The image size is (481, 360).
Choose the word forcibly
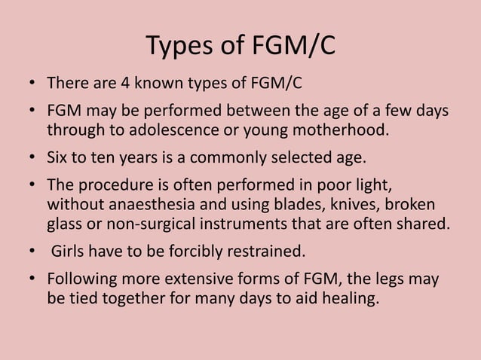click(x=179, y=251)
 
